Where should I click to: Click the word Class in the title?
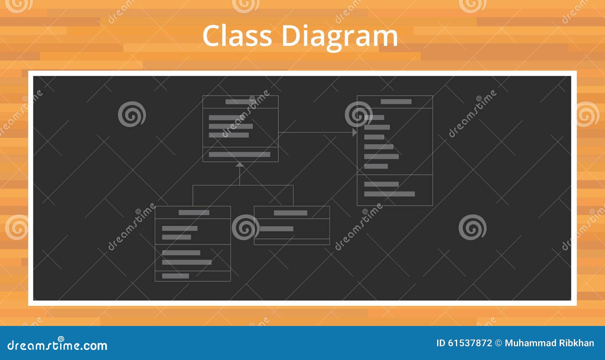[237, 36]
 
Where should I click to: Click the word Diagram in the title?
[340, 37]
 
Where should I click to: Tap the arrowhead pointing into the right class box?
[355, 132]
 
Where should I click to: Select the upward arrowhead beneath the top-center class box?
[240, 164]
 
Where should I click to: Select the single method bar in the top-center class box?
[240, 155]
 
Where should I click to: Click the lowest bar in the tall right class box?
[389, 194]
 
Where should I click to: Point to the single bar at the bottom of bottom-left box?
[175, 276]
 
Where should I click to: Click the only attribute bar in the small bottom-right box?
[276, 229]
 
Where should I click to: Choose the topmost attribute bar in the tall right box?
[374, 118]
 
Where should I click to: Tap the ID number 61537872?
[470, 343]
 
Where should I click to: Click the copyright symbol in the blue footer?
[499, 343]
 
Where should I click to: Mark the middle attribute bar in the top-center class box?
[231, 126]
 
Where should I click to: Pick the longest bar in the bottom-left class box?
[187, 262]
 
